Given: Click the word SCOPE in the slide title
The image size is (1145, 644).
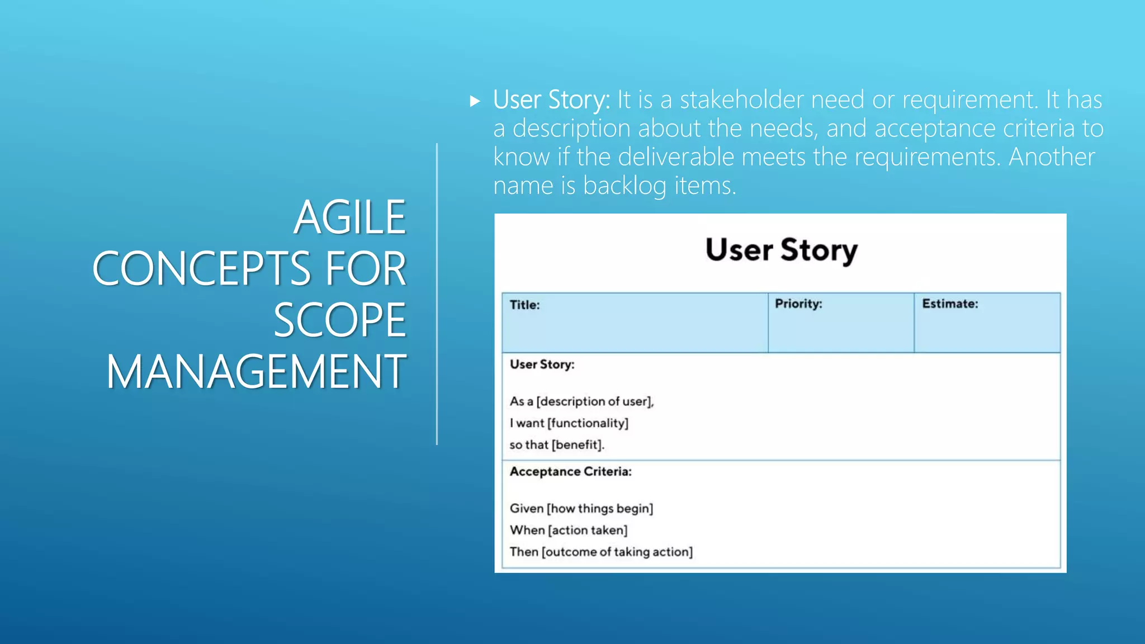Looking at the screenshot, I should [x=339, y=320].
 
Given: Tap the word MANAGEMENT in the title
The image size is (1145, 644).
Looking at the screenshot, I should [x=256, y=371].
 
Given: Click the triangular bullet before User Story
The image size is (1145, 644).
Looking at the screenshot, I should [x=475, y=101].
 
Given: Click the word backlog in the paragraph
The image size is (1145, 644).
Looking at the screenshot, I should [x=624, y=186].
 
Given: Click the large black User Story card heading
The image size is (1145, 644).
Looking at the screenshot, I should [x=781, y=250].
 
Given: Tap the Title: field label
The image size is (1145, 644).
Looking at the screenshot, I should [x=524, y=305].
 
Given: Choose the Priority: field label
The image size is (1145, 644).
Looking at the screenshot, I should [x=798, y=304].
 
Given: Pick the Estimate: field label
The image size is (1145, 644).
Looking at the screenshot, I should [x=950, y=304].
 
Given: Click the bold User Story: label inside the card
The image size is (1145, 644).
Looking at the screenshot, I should [x=542, y=364].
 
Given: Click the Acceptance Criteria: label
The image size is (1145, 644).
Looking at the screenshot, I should [x=570, y=472].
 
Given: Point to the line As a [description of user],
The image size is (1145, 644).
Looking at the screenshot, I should [x=581, y=401].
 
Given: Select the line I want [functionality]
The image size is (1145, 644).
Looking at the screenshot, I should [x=569, y=423].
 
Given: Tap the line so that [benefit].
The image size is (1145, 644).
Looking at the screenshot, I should [x=557, y=445].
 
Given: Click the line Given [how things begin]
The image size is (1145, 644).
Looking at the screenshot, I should [x=581, y=509].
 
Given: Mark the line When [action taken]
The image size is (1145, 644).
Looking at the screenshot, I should [x=568, y=530].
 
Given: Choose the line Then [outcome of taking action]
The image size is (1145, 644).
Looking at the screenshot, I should [x=600, y=552].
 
